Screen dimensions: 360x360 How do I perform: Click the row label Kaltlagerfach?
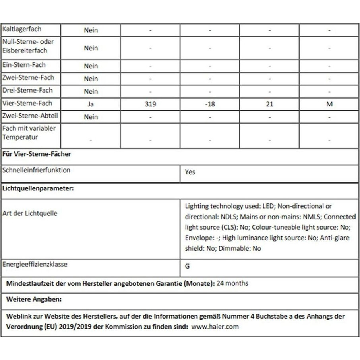coord(22,29)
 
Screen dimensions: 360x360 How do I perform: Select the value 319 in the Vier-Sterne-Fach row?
coord(150,105)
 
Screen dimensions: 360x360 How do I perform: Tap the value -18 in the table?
coord(210,105)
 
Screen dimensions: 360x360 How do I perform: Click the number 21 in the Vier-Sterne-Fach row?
coord(269,105)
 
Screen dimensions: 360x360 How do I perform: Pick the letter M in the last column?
coord(329,105)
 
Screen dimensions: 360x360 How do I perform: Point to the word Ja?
coord(91,105)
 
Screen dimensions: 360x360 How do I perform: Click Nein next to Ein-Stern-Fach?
coord(91,66)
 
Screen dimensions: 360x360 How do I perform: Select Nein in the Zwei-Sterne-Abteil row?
coord(91,117)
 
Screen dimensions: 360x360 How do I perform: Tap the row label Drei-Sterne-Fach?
coord(27,91)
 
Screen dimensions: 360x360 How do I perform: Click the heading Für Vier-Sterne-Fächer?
coord(37,154)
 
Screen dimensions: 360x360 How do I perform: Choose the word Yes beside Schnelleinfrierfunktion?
coord(190,172)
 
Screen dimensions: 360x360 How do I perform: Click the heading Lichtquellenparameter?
coord(38,189)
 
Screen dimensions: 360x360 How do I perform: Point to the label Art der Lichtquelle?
coord(30,213)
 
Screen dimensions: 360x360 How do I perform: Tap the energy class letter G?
coord(187,266)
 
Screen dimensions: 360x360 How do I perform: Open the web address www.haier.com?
coord(215,327)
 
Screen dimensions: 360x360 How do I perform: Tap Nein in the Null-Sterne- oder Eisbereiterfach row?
coord(91,48)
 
